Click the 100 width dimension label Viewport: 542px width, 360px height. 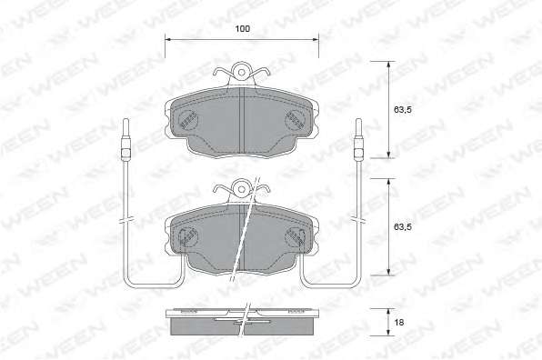click(x=242, y=29)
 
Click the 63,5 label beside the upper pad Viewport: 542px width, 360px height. click(x=403, y=110)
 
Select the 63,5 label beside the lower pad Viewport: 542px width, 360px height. click(x=403, y=227)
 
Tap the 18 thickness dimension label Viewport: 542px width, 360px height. click(x=399, y=323)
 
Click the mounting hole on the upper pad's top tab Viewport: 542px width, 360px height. click(x=242, y=73)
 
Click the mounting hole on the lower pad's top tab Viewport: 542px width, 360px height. click(x=242, y=190)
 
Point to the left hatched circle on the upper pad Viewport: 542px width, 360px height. click(x=189, y=119)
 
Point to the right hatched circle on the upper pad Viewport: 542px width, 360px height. click(x=295, y=119)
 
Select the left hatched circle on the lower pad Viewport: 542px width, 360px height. click(x=187, y=237)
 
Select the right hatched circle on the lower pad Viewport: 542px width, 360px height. click(x=295, y=237)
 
